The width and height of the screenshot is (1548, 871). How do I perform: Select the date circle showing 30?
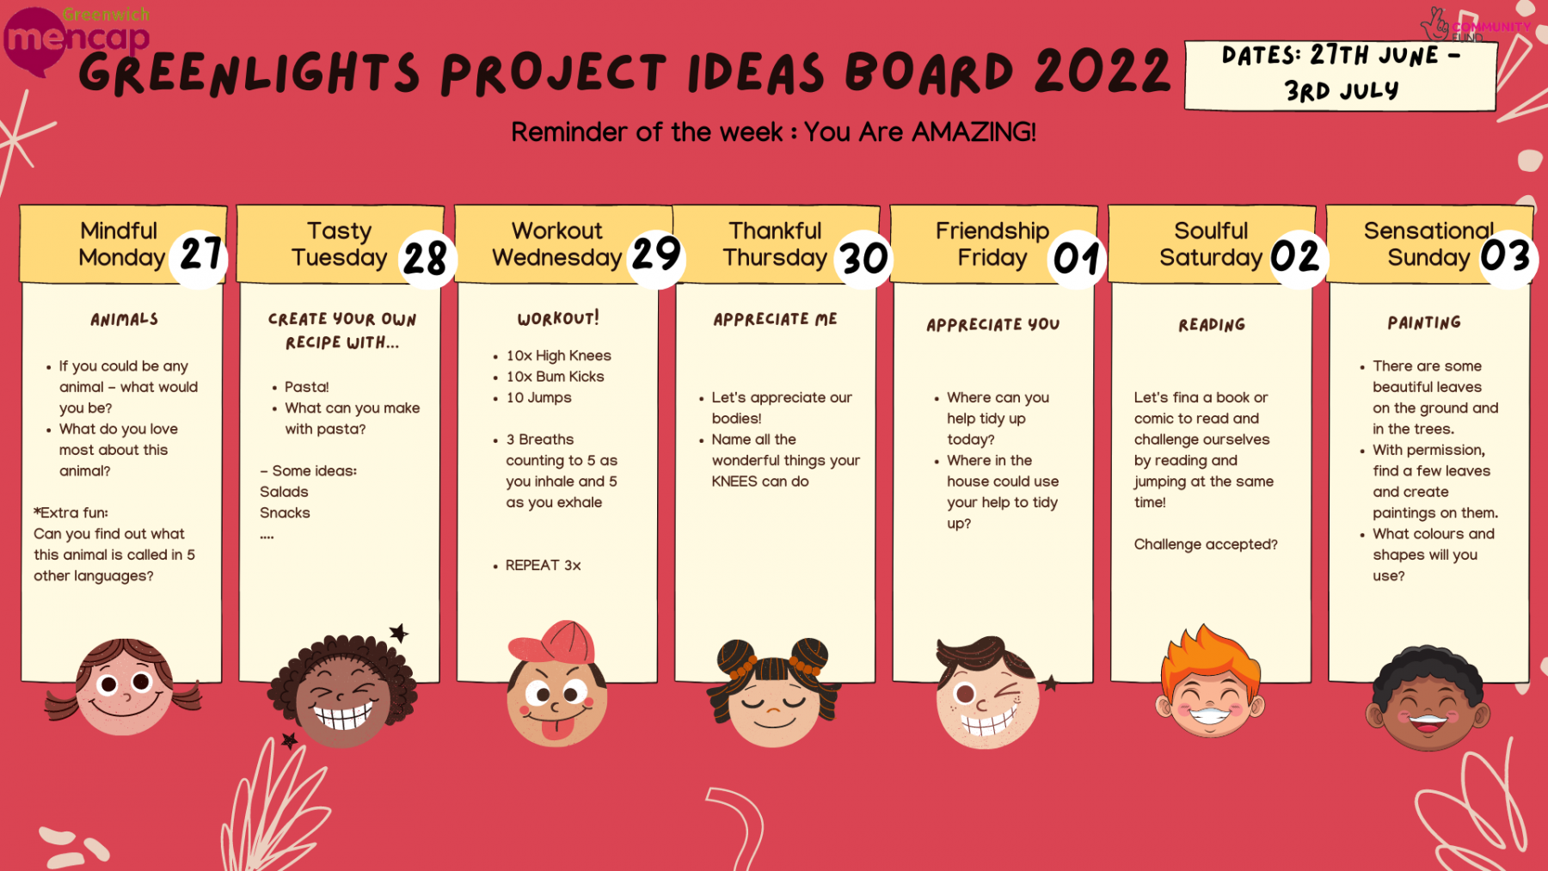click(x=863, y=258)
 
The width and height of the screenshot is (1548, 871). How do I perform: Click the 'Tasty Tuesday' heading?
click(x=340, y=244)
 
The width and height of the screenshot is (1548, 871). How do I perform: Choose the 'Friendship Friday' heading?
click(x=992, y=244)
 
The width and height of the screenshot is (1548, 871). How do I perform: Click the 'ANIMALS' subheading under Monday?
click(x=125, y=319)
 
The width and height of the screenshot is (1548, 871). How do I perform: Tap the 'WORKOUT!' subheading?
click(x=558, y=318)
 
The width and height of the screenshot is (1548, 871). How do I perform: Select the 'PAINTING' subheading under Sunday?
click(x=1424, y=322)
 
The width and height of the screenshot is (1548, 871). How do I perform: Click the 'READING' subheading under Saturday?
click(x=1212, y=324)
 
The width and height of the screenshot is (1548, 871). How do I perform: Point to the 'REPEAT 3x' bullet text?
click(x=543, y=565)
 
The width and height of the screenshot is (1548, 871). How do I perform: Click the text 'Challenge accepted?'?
click(x=1206, y=544)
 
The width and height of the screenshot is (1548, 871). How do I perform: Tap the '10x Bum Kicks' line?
click(x=555, y=377)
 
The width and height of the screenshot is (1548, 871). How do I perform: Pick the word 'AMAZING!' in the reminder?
click(x=974, y=132)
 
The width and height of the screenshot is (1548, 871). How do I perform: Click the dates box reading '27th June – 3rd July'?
click(x=1341, y=75)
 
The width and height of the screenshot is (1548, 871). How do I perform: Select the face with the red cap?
click(x=556, y=684)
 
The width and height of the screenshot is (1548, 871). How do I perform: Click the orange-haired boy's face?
click(x=1210, y=682)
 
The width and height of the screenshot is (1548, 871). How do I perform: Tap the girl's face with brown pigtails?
click(x=124, y=686)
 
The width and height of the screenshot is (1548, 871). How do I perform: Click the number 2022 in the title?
click(x=1103, y=71)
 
